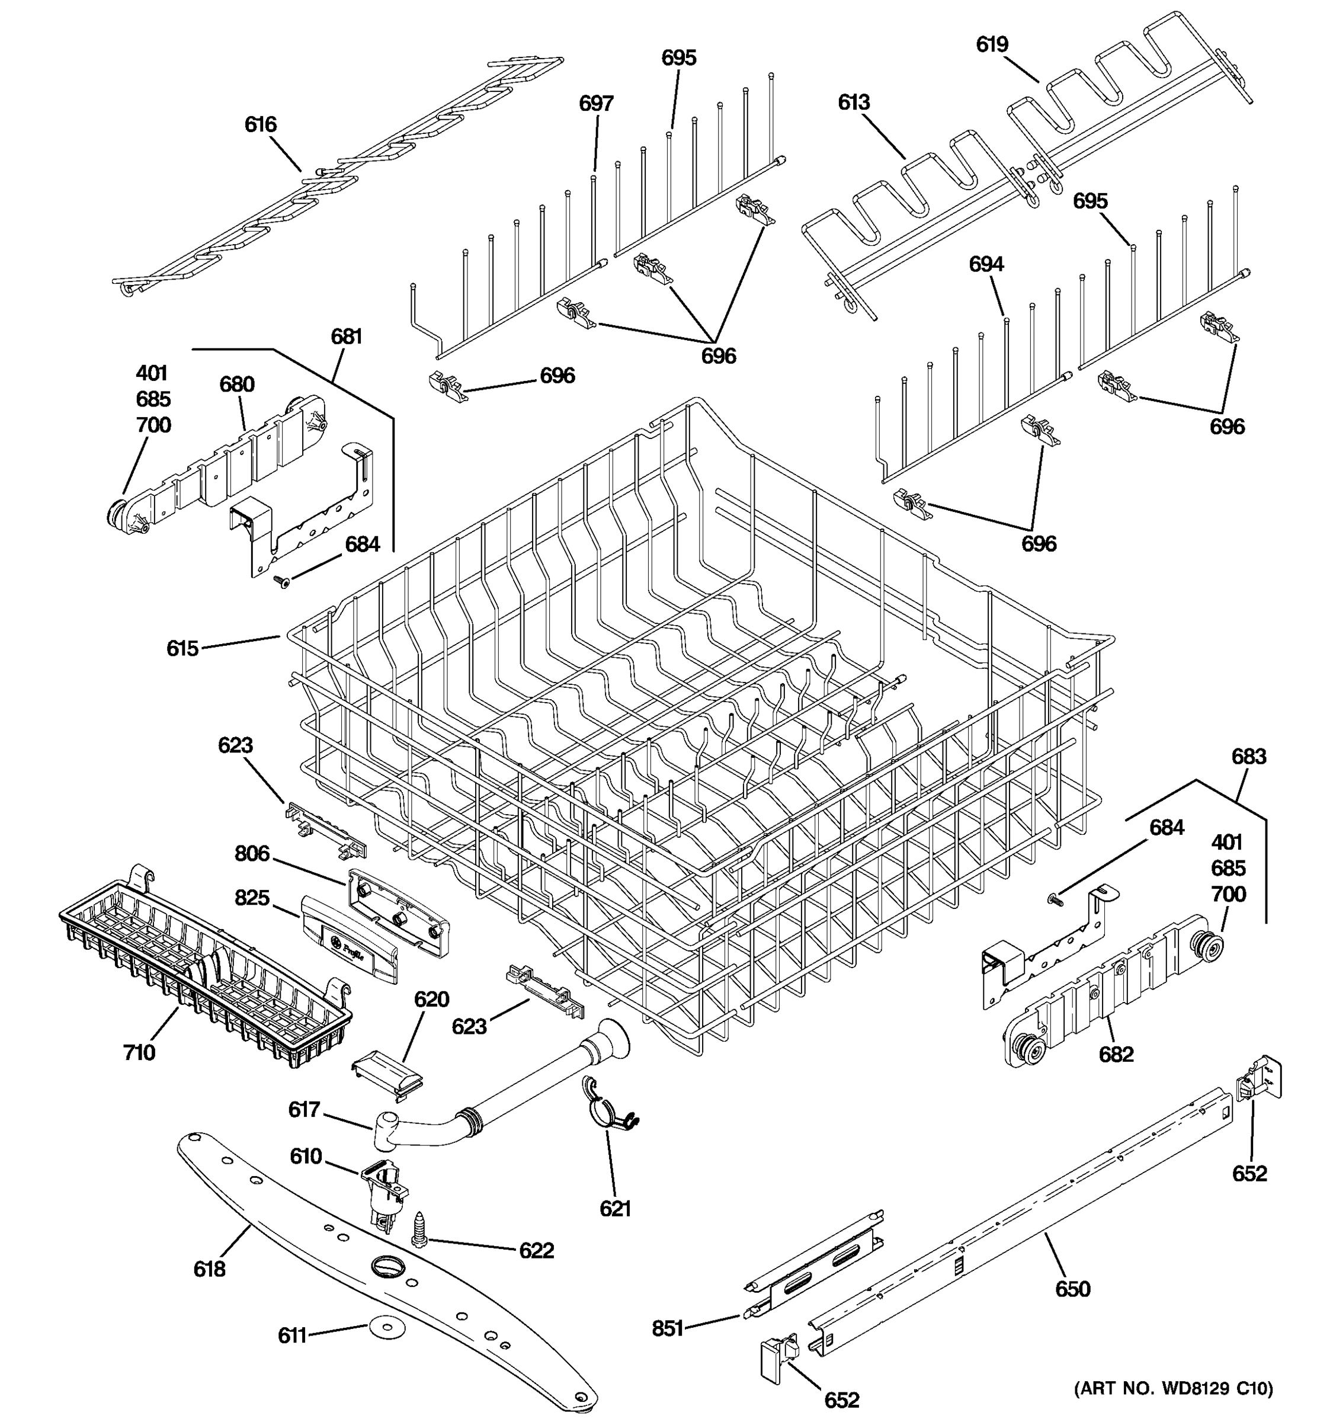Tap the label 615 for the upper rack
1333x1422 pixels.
click(x=182, y=648)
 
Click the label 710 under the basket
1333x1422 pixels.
click(x=139, y=1052)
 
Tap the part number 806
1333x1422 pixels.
click(x=252, y=853)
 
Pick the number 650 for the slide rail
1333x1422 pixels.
click(x=1073, y=1289)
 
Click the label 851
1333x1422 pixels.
click(x=668, y=1329)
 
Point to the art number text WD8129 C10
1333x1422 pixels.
click(x=1174, y=1388)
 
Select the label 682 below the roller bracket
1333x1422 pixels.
click(x=1116, y=1054)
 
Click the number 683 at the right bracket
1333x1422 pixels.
click(x=1249, y=756)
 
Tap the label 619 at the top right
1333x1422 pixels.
click(x=992, y=44)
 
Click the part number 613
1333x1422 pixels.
click(x=854, y=103)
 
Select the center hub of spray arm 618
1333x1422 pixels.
click(x=387, y=1267)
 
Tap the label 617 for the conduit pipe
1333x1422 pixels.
click(x=304, y=1109)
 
